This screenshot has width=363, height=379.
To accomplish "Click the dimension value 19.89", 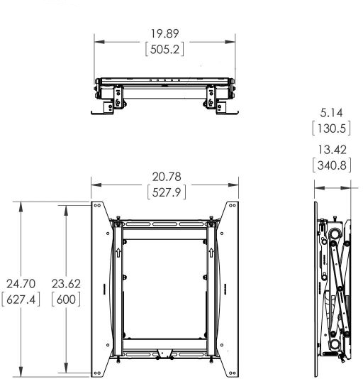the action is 164,33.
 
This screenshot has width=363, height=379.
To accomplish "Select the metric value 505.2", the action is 164,50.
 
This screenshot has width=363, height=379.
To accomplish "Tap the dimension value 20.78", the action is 167,177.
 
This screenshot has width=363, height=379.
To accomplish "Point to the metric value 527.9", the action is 167,192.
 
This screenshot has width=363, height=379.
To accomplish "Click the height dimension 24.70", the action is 21,284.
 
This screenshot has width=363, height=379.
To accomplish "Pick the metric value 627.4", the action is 21,300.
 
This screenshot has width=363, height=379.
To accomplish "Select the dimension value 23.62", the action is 66,284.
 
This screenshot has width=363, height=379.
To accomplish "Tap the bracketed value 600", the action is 66,300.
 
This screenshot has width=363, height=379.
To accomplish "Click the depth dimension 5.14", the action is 331,113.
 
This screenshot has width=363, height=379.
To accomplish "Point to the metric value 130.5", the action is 331,128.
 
